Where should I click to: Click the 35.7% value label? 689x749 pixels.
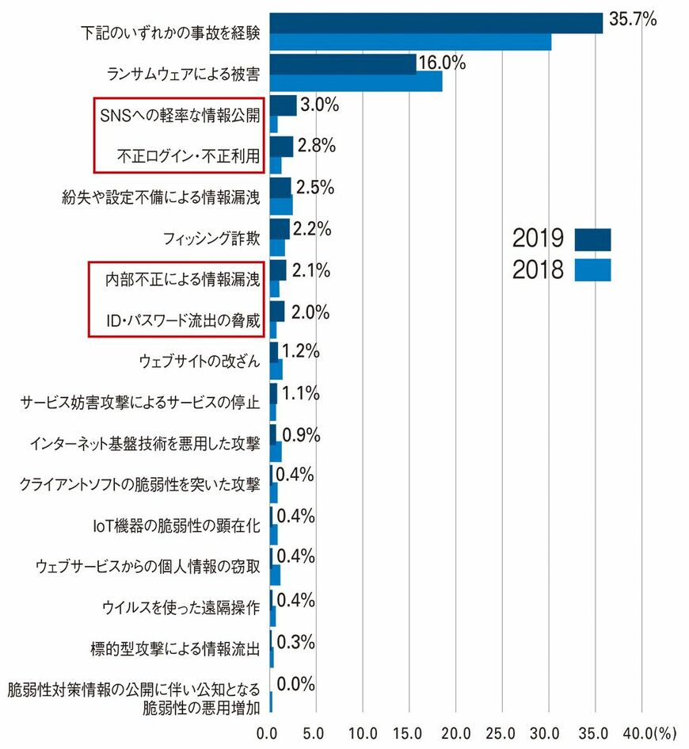click(x=633, y=20)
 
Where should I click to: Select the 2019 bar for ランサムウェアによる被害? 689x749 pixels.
click(x=343, y=64)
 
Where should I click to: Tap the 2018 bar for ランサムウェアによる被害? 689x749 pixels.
click(x=356, y=82)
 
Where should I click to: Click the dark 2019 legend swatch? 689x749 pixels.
click(x=593, y=239)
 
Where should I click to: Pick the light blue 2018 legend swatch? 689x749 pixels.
click(x=593, y=270)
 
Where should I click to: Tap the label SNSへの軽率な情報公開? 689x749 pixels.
click(x=181, y=115)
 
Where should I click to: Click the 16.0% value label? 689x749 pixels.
click(x=442, y=63)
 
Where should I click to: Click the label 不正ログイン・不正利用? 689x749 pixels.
click(x=183, y=155)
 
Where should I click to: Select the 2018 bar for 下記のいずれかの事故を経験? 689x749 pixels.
click(x=410, y=41)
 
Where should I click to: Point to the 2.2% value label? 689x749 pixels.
click(x=311, y=229)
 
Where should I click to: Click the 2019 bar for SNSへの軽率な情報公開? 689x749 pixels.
click(x=283, y=105)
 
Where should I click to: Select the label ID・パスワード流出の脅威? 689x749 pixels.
click(x=183, y=319)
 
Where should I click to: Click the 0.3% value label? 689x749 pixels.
click(x=296, y=641)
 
